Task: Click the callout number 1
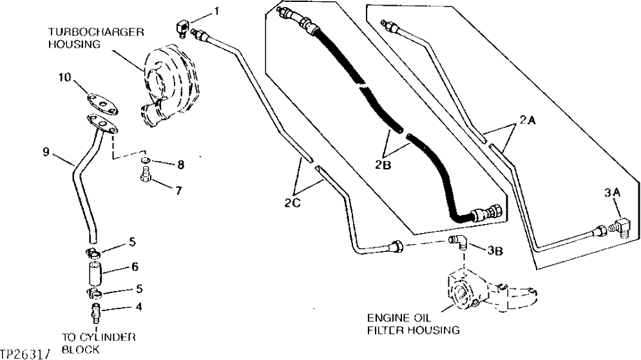[217, 12]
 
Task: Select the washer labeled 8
[147, 160]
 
